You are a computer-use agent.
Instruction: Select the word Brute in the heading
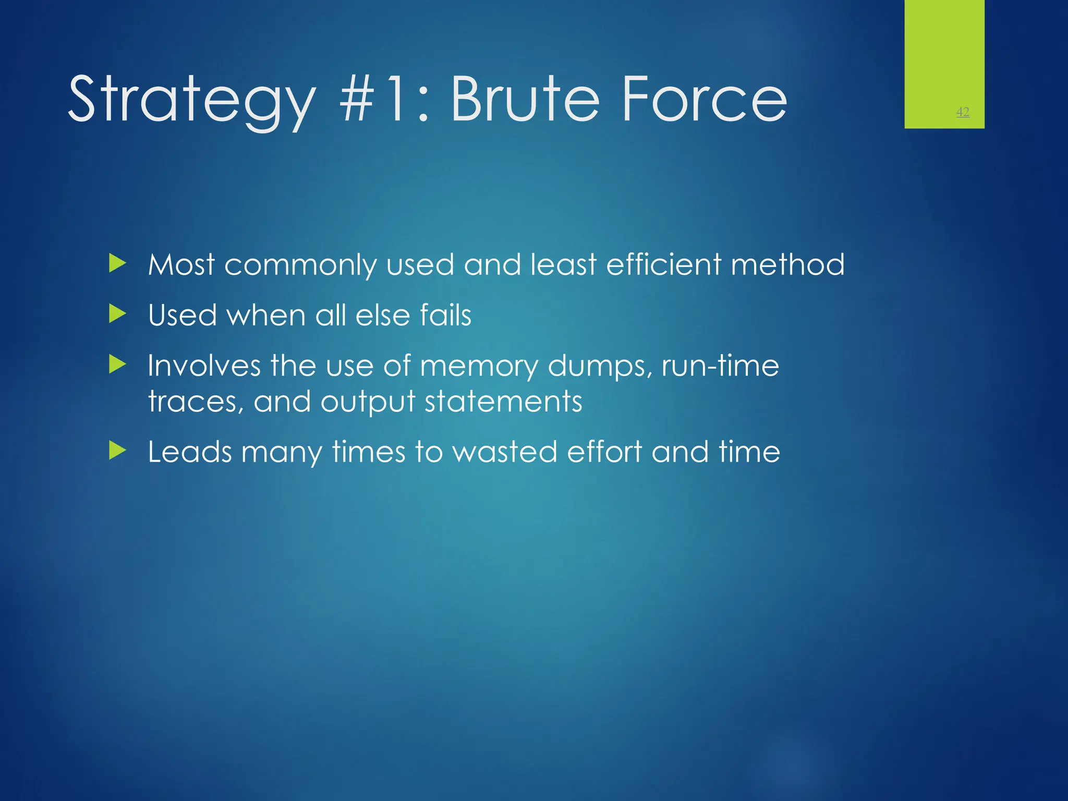coord(525,99)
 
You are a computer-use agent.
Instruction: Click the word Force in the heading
coord(705,99)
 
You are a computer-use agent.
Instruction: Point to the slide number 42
coord(963,112)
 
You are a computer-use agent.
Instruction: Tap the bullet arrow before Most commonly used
coord(118,263)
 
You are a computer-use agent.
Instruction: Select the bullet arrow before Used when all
coord(118,314)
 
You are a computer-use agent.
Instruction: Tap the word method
coord(787,264)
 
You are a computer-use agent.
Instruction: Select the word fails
coord(445,315)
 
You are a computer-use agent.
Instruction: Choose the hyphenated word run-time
coord(720,366)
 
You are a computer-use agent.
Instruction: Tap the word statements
coord(503,402)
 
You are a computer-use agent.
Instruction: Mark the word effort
coord(604,452)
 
